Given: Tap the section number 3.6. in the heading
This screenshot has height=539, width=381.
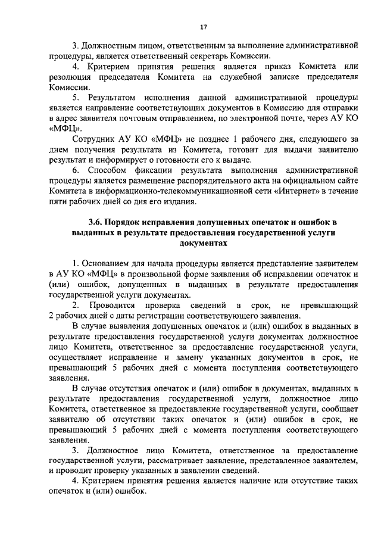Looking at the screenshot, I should pos(98,223).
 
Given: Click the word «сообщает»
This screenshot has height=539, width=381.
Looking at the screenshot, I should pos(338,409).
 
